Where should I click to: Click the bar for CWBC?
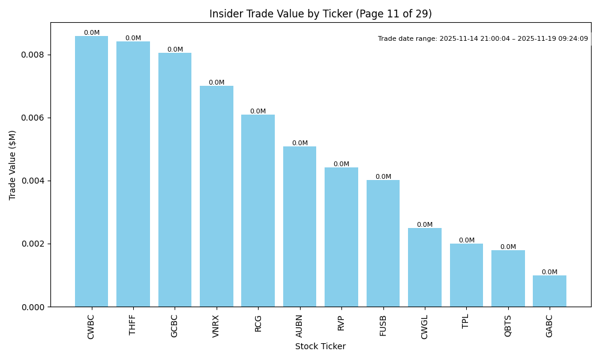coord(91,171)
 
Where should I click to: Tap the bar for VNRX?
coord(216,196)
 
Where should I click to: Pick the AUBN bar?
coord(299,226)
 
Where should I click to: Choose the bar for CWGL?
coord(424,267)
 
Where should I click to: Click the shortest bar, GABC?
coord(549,291)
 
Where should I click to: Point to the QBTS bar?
coord(508,278)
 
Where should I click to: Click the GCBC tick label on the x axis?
coord(175,326)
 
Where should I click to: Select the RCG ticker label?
coord(258,323)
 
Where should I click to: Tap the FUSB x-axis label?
coord(383,325)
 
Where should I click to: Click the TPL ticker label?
coord(466,322)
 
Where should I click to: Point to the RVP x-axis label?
coord(341,323)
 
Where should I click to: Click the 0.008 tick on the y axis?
coord(33,55)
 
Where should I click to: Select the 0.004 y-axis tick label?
coord(33,181)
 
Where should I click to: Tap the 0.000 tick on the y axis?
coord(33,307)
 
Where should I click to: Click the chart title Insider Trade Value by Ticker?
coord(320,14)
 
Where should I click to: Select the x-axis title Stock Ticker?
coord(320,346)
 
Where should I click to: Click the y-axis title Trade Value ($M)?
coord(13,164)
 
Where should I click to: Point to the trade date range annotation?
coord(483,39)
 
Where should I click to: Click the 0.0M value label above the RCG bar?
coord(258,112)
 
